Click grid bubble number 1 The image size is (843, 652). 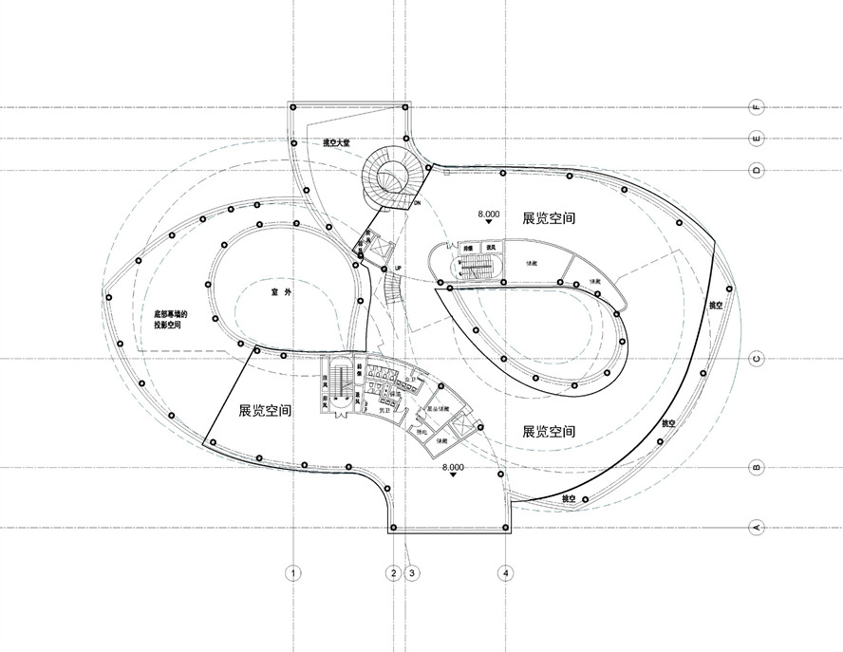tap(294, 572)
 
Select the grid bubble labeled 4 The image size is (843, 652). tap(507, 572)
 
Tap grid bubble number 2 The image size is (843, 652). tap(392, 572)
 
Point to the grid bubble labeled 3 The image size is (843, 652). tap(412, 572)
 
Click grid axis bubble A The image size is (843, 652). tap(758, 527)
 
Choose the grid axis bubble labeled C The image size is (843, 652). tap(758, 359)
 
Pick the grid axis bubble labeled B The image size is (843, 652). tap(758, 468)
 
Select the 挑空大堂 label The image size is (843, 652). tap(337, 143)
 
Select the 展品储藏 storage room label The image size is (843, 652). tap(436, 410)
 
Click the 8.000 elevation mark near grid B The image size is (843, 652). tap(454, 468)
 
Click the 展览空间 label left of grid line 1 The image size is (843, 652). tap(265, 411)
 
